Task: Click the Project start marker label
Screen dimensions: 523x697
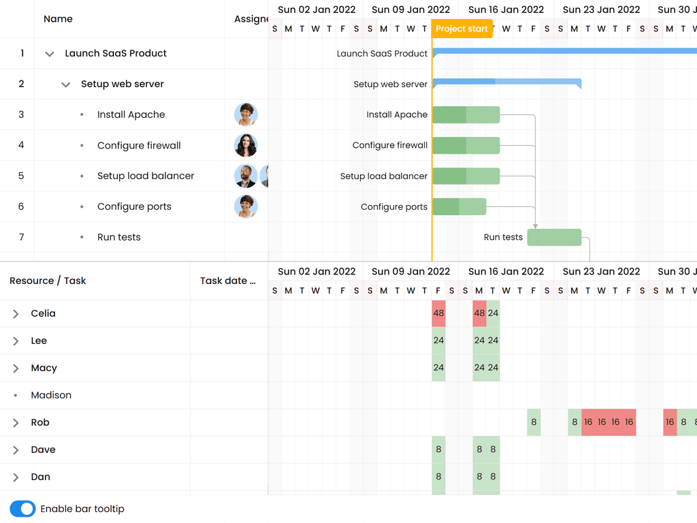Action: pyautogui.click(x=461, y=29)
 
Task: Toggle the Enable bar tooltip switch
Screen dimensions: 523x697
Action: pyautogui.click(x=22, y=509)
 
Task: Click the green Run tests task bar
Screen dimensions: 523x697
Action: pyautogui.click(x=554, y=237)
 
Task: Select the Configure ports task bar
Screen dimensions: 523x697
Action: pyautogui.click(x=459, y=206)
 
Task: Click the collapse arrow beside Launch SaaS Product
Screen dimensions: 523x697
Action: pyautogui.click(x=49, y=54)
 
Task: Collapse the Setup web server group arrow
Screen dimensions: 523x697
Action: pyautogui.click(x=65, y=84)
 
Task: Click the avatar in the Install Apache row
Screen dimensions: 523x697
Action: pyautogui.click(x=246, y=114)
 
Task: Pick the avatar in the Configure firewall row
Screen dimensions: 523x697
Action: pyautogui.click(x=246, y=145)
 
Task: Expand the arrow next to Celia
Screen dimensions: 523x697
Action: pyautogui.click(x=16, y=314)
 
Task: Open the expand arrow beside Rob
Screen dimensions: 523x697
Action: pyautogui.click(x=16, y=423)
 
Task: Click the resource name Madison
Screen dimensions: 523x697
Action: pyautogui.click(x=51, y=395)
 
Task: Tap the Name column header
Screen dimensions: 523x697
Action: pyautogui.click(x=58, y=19)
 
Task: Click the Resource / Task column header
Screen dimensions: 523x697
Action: pyautogui.click(x=48, y=281)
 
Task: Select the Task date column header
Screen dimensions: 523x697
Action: pyautogui.click(x=227, y=281)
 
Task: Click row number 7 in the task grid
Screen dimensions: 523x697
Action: pyautogui.click(x=21, y=237)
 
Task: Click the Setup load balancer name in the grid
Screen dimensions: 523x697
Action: pyautogui.click(x=146, y=176)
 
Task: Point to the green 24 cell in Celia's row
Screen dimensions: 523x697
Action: pyautogui.click(x=493, y=313)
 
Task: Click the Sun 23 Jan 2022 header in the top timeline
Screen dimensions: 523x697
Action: pyautogui.click(x=601, y=10)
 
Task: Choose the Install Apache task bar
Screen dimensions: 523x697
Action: pyautogui.click(x=466, y=114)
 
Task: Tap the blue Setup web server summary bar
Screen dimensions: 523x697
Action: pyautogui.click(x=506, y=82)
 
